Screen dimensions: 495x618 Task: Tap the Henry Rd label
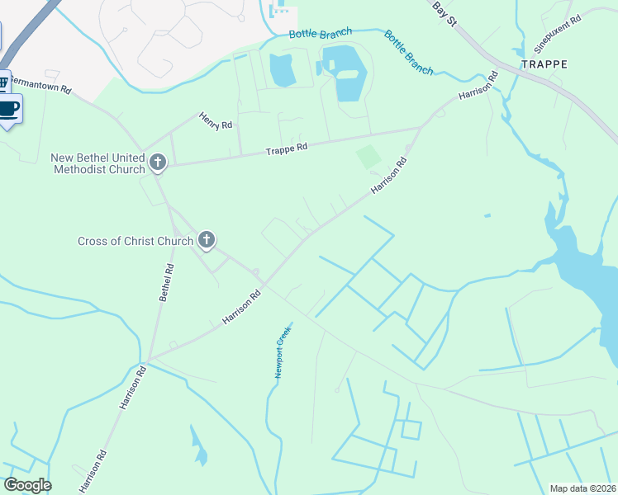coord(216,121)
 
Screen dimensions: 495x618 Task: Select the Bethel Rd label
coord(166,283)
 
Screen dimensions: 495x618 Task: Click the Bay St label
coord(444,12)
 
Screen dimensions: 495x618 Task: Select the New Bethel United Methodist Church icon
coord(158,164)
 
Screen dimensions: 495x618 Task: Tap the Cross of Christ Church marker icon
coord(207,241)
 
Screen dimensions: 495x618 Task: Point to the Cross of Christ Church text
coord(135,241)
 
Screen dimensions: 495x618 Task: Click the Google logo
coord(27,485)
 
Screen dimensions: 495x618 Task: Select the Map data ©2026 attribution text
coord(583,488)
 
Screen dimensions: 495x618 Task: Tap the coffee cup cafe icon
coord(8,109)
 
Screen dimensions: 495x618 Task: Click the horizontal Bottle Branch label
coord(321,33)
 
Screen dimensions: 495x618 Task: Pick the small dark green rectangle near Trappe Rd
coord(369,157)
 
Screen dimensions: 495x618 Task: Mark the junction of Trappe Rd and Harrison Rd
coord(423,127)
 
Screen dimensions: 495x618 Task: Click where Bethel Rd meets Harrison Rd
coord(149,361)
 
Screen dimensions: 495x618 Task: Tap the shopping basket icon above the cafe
coord(3,82)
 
